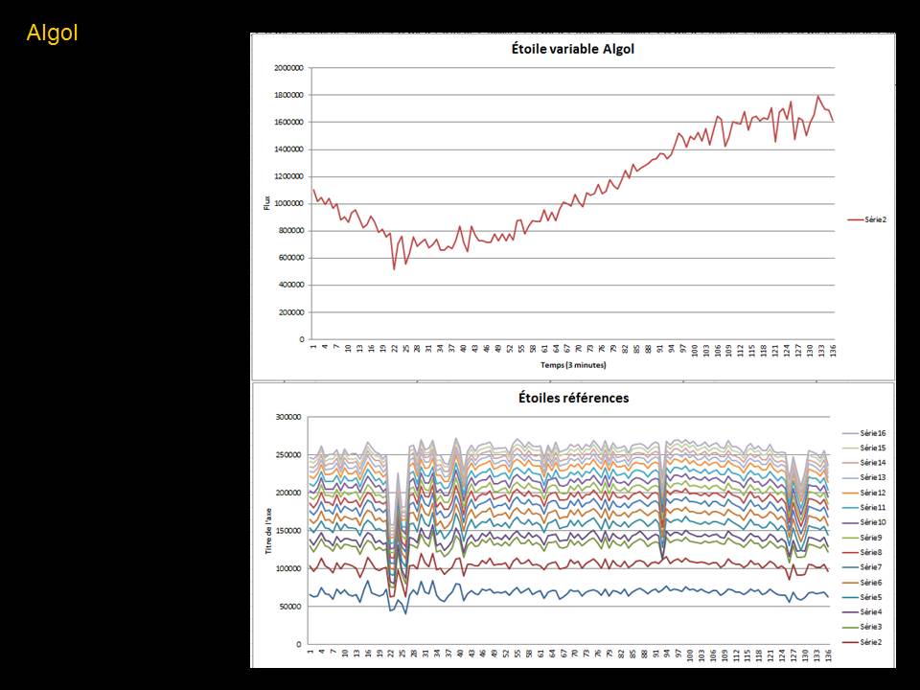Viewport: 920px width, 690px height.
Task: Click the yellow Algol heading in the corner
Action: click(x=52, y=33)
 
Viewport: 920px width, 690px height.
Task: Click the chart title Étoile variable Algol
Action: click(x=572, y=50)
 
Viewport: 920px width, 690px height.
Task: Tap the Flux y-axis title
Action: click(x=268, y=203)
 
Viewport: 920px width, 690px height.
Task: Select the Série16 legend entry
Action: click(x=870, y=432)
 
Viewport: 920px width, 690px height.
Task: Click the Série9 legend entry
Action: click(x=870, y=538)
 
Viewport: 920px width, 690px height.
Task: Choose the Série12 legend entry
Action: click(x=870, y=493)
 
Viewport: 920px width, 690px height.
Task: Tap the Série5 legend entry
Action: click(x=870, y=597)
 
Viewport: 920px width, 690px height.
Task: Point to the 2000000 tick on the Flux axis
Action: click(x=287, y=68)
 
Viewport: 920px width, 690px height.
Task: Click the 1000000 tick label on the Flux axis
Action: click(x=287, y=203)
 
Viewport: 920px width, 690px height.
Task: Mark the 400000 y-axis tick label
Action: click(x=289, y=285)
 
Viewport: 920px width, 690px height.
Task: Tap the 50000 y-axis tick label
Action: click(x=290, y=607)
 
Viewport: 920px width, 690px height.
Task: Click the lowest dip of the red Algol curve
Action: click(x=394, y=268)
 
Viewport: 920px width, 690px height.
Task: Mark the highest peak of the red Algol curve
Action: click(x=817, y=96)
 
